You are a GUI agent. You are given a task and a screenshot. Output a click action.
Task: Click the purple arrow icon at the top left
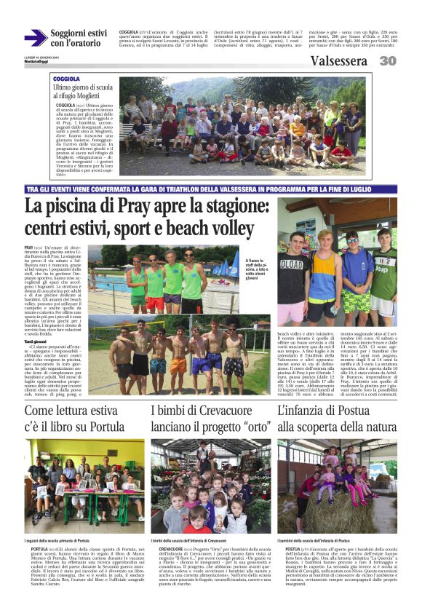[34, 38]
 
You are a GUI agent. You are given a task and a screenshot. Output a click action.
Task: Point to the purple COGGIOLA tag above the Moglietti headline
[66, 78]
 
